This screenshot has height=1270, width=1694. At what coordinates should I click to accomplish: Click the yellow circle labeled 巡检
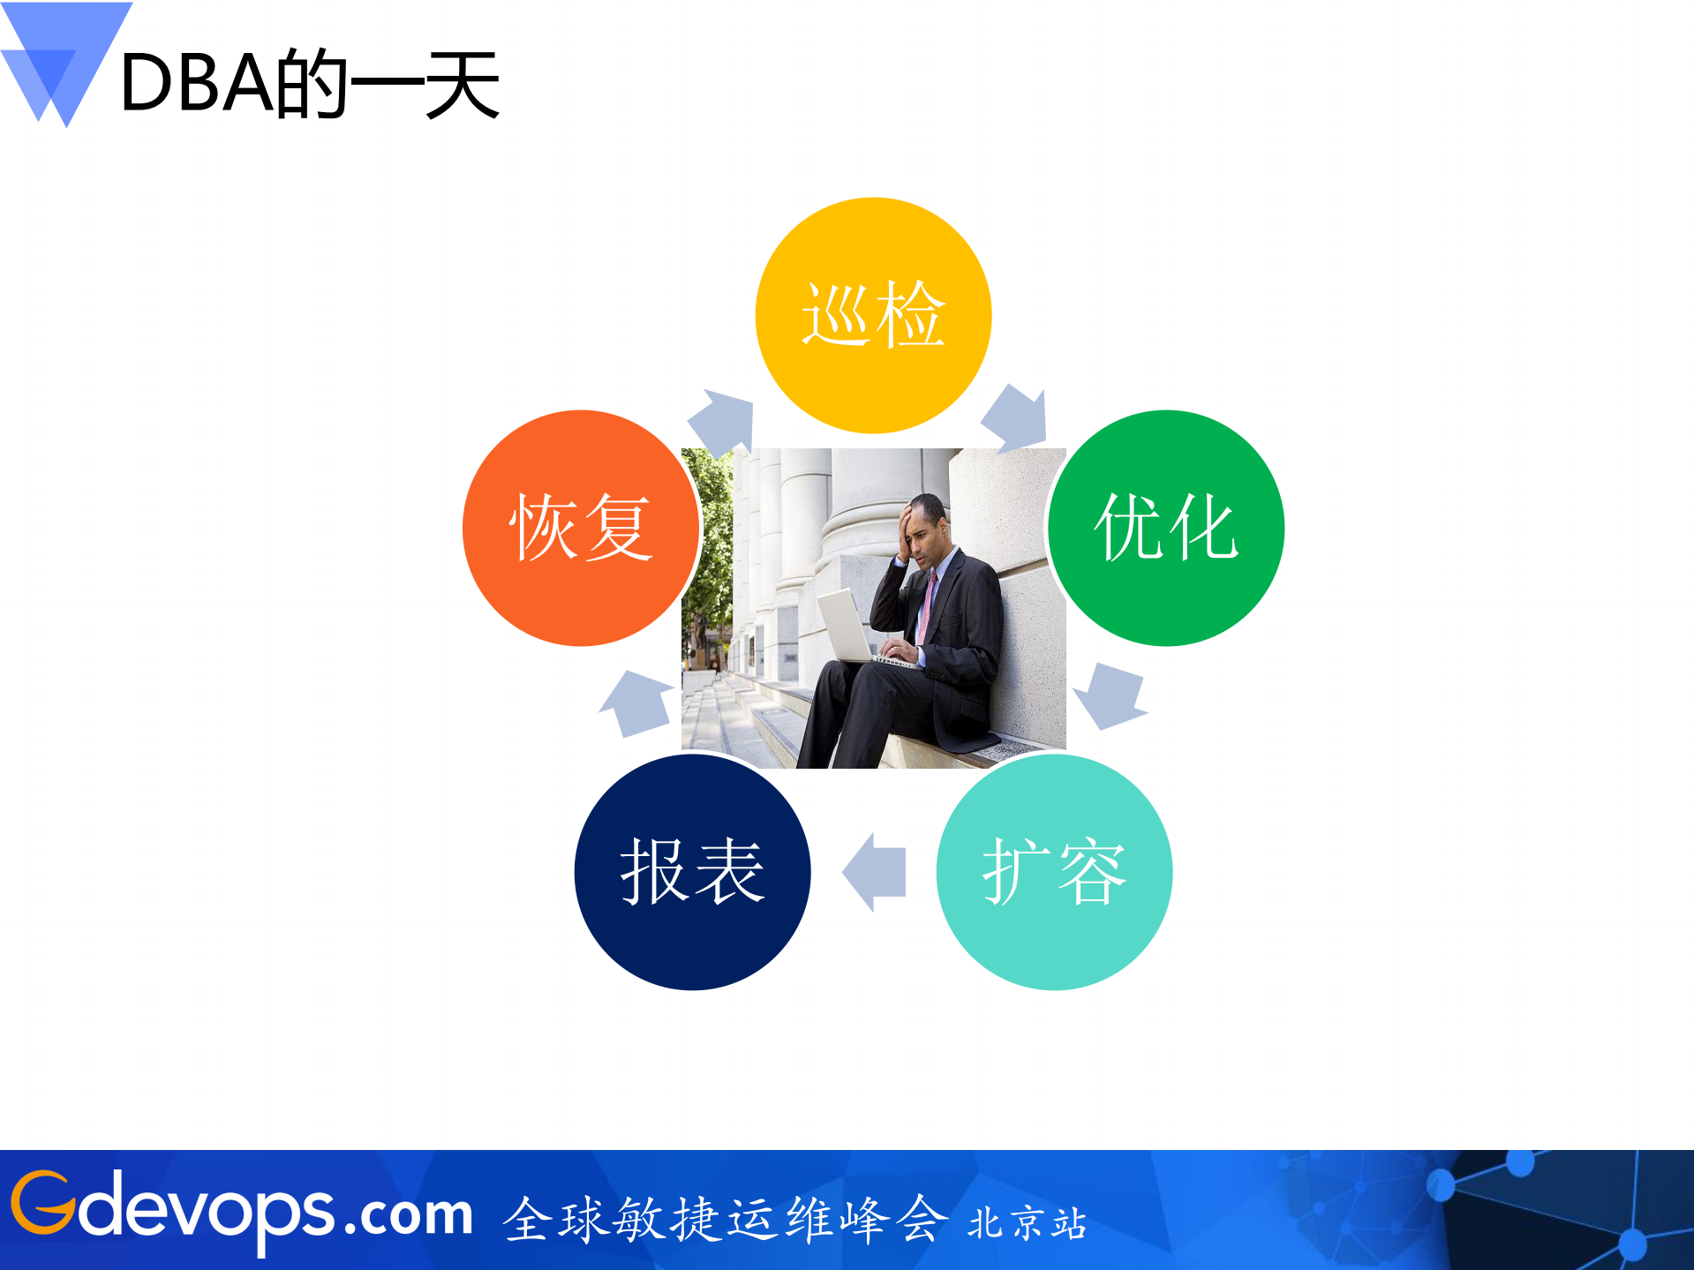[x=873, y=315]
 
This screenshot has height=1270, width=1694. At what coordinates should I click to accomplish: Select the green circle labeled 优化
[x=1165, y=528]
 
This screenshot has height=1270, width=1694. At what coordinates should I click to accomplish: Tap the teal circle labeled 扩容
[x=1054, y=872]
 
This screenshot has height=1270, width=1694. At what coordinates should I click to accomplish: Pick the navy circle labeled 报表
[x=692, y=872]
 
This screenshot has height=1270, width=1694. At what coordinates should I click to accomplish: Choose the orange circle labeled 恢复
[x=581, y=528]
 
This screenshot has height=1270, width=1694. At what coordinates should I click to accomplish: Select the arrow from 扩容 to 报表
[x=875, y=872]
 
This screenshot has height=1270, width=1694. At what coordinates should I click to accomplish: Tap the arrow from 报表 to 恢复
[x=636, y=703]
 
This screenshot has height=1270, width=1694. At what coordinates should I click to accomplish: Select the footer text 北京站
[x=1027, y=1223]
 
